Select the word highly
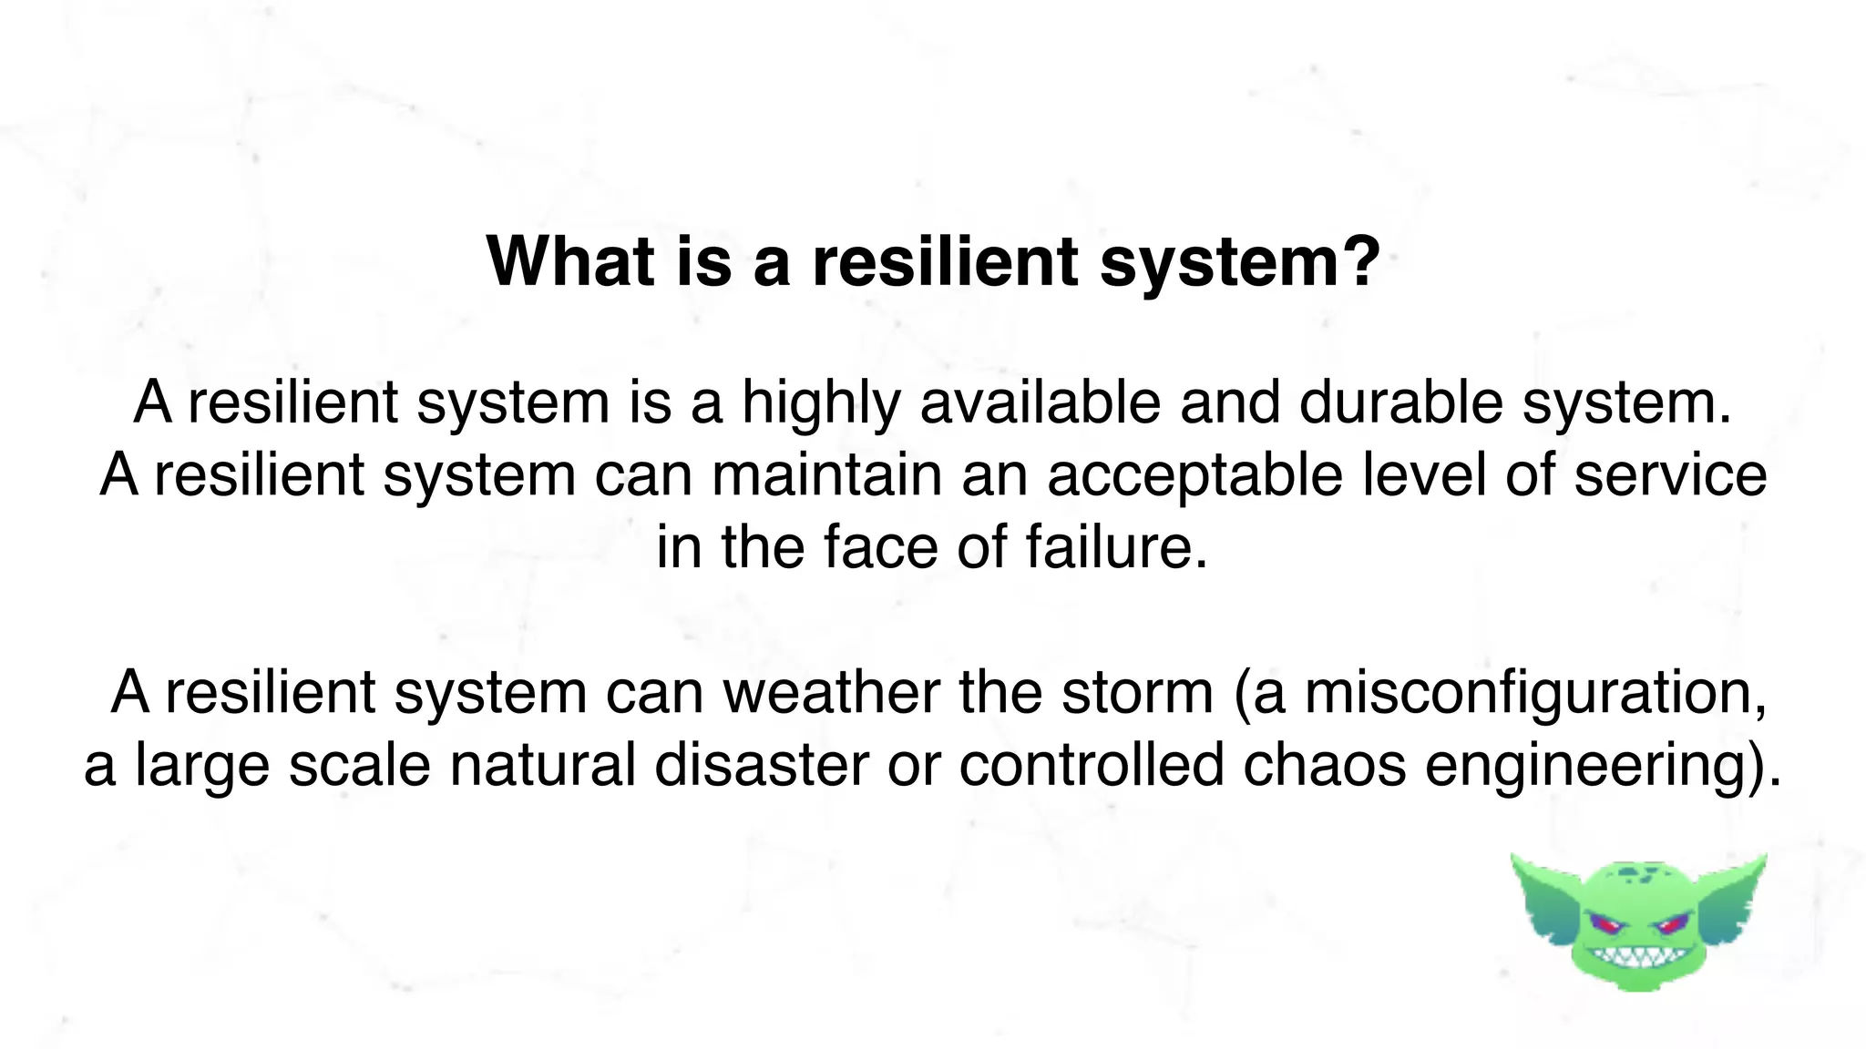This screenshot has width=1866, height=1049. point(820,402)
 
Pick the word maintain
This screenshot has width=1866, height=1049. point(826,475)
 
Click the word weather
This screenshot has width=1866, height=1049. point(831,692)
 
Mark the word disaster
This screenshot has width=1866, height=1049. point(762,765)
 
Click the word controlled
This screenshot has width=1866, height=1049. point(1091,765)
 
